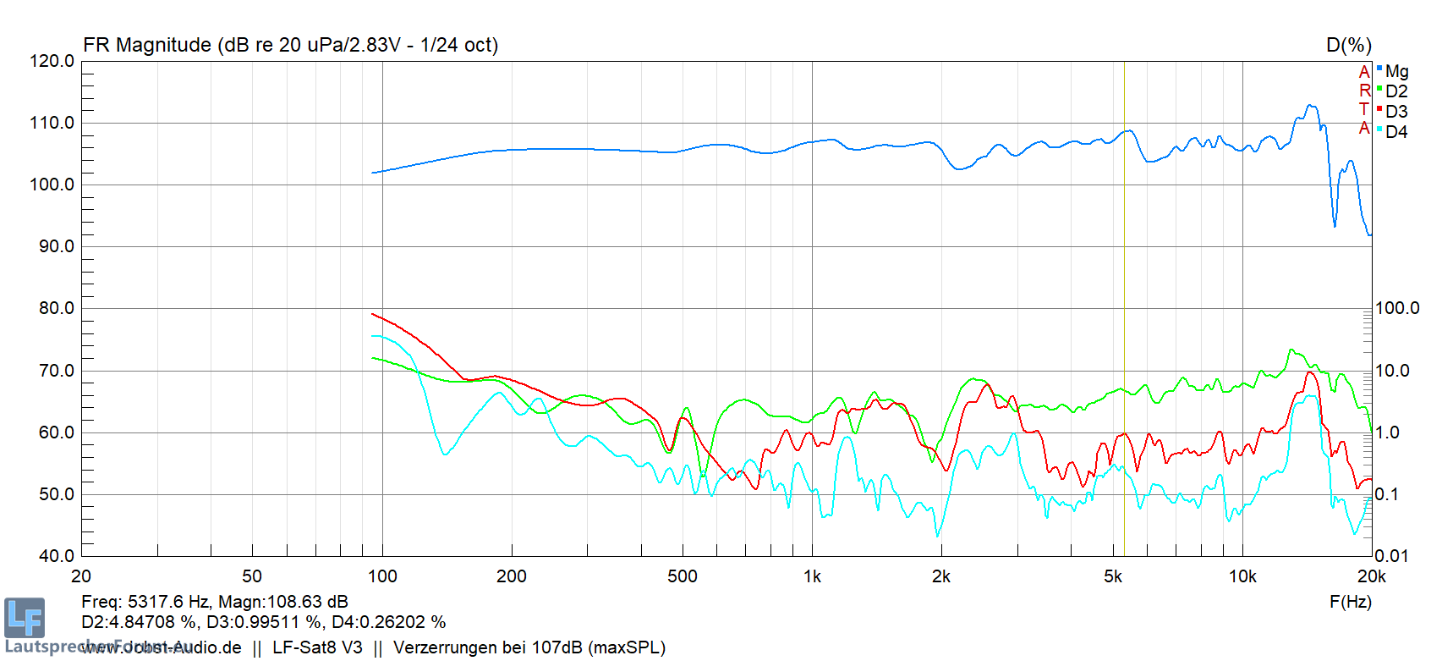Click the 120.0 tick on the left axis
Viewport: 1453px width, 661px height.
52,61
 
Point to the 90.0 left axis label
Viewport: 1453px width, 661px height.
57,246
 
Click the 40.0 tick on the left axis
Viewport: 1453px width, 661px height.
57,556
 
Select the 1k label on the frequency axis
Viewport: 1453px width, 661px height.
812,577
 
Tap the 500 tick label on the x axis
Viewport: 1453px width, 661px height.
683,577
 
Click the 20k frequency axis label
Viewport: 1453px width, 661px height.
1371,577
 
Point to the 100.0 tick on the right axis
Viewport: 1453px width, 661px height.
1397,308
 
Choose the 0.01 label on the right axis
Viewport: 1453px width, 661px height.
1391,556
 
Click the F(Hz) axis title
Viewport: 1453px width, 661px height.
1350,602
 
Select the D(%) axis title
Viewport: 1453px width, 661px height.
1348,46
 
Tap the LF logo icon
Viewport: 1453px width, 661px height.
24,617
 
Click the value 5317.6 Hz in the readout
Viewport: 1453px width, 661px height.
167,602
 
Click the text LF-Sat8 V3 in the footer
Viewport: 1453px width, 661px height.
317,647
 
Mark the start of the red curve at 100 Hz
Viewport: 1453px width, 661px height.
373,315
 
